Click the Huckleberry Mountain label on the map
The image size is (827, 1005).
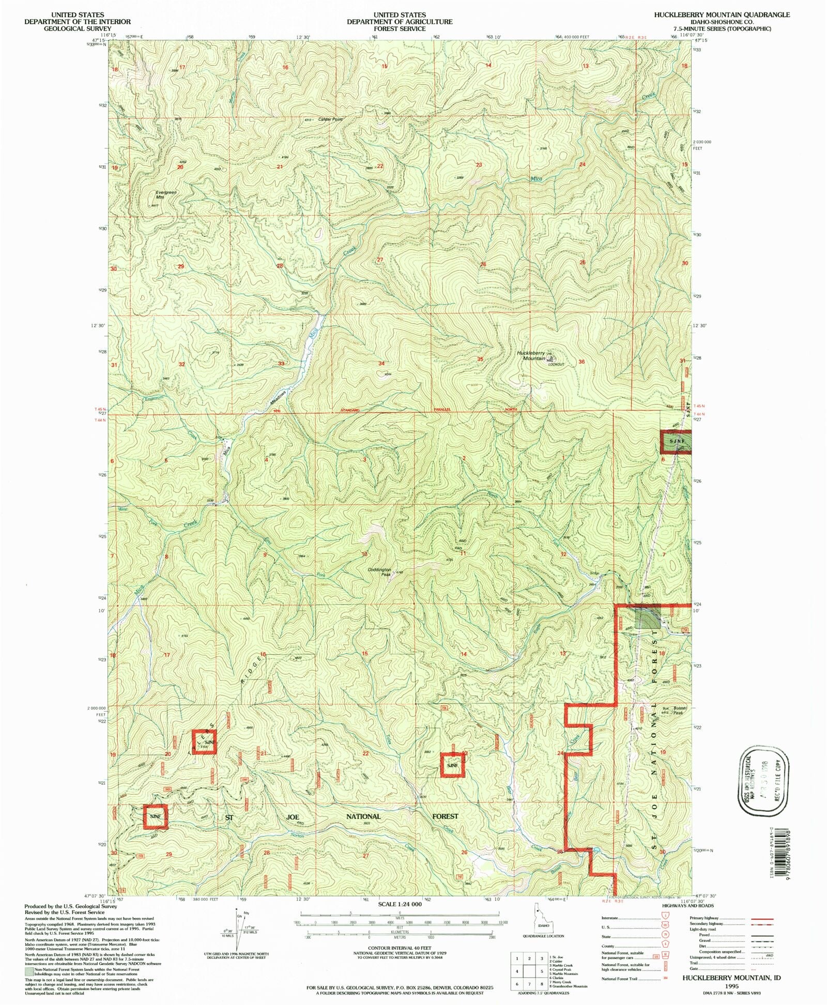click(x=531, y=355)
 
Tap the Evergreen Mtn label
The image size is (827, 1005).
click(x=166, y=195)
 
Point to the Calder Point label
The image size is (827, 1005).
click(x=331, y=119)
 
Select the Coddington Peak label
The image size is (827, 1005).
click(x=379, y=572)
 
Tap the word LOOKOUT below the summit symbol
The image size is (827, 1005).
click(x=557, y=364)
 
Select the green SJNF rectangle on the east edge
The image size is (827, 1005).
click(x=677, y=442)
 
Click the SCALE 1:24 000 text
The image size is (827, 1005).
click(x=400, y=904)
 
